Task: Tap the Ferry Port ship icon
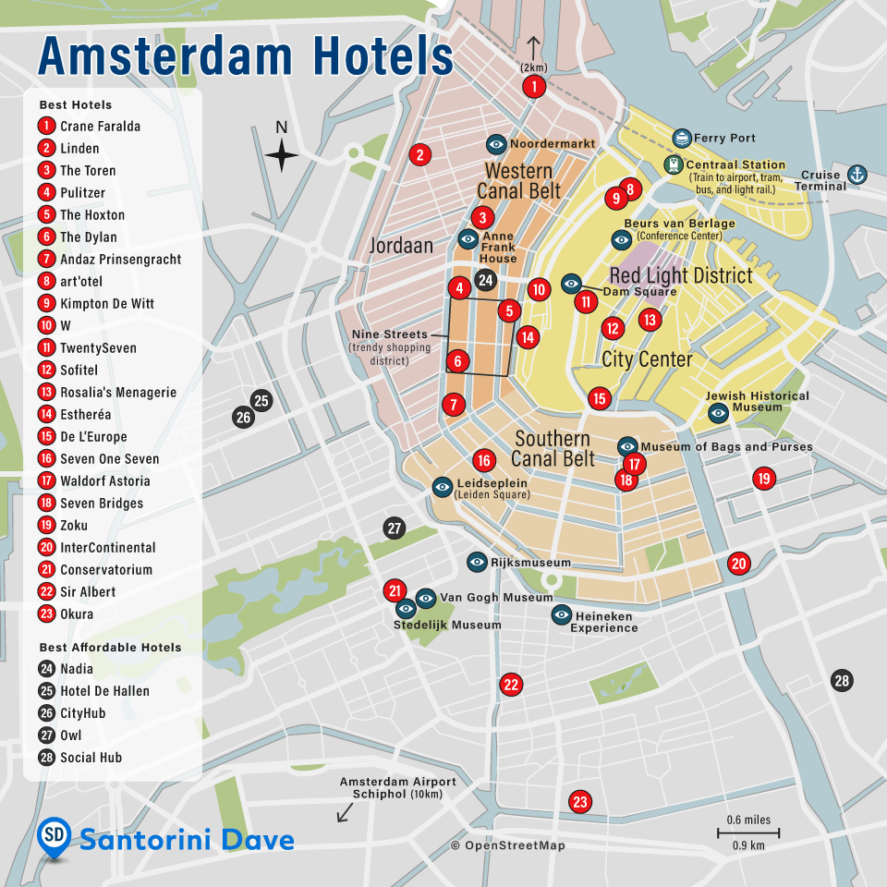pyautogui.click(x=682, y=139)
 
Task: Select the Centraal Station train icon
pyautogui.click(x=674, y=164)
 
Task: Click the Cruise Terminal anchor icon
pyautogui.click(x=857, y=174)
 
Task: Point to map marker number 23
pyautogui.click(x=580, y=802)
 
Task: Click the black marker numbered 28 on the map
pyautogui.click(x=841, y=681)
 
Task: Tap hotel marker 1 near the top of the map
pyautogui.click(x=533, y=87)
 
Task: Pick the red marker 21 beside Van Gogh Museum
pyautogui.click(x=395, y=591)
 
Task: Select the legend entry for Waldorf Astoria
pyautogui.click(x=104, y=481)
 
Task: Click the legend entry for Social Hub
pyautogui.click(x=91, y=758)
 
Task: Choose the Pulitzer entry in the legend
pyautogui.click(x=82, y=193)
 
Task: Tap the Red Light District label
pyautogui.click(x=681, y=275)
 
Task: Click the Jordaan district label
pyautogui.click(x=401, y=247)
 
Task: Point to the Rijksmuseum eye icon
pyautogui.click(x=477, y=562)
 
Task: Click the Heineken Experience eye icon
pyautogui.click(x=561, y=614)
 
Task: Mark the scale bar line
pyautogui.click(x=748, y=832)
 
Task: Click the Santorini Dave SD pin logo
pyautogui.click(x=55, y=837)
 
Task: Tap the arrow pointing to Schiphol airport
pyautogui.click(x=345, y=812)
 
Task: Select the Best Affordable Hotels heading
pyautogui.click(x=110, y=648)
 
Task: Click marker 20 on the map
pyautogui.click(x=738, y=564)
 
